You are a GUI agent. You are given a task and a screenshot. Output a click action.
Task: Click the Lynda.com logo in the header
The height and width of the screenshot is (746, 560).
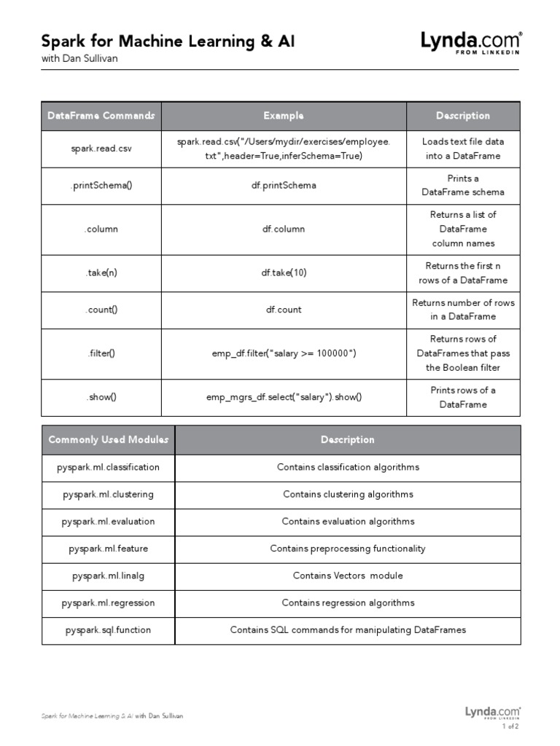pyautogui.click(x=470, y=42)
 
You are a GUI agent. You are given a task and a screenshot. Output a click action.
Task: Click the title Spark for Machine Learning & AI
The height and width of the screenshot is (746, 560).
pyautogui.click(x=168, y=41)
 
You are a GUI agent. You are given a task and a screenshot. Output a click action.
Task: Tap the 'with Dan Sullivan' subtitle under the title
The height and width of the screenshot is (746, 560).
pyautogui.click(x=79, y=59)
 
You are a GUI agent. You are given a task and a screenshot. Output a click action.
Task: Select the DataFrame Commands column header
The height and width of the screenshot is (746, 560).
pyautogui.click(x=101, y=116)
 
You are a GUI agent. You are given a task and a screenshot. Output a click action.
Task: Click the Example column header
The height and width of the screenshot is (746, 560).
pyautogui.click(x=284, y=116)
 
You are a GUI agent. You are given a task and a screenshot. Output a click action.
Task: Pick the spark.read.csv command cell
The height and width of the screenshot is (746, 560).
pyautogui.click(x=101, y=149)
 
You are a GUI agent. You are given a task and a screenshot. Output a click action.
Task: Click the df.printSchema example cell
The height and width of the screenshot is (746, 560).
pyautogui.click(x=284, y=186)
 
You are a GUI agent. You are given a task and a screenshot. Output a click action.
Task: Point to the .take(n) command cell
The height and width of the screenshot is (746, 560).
pyautogui.click(x=101, y=273)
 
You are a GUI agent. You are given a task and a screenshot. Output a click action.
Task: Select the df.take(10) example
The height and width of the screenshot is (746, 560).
pyautogui.click(x=284, y=273)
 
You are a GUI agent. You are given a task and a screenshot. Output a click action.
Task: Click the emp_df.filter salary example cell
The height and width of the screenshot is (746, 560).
pyautogui.click(x=284, y=353)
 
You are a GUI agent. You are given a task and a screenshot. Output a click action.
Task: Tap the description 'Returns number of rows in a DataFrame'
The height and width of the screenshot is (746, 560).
pyautogui.click(x=463, y=310)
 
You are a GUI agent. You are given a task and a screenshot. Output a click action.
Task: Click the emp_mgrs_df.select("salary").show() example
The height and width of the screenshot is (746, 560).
pyautogui.click(x=284, y=397)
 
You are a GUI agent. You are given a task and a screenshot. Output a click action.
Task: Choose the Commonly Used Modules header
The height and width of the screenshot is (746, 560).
pyautogui.click(x=108, y=439)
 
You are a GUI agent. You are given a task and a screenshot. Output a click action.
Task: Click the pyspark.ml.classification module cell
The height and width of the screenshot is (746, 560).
pyautogui.click(x=108, y=467)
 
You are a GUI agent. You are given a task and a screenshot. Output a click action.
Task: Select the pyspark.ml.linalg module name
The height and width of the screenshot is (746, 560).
pyautogui.click(x=108, y=576)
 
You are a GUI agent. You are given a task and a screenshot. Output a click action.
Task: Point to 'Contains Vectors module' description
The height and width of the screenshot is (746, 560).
pyautogui.click(x=348, y=576)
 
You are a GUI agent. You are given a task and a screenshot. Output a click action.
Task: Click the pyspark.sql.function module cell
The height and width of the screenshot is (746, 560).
pyautogui.click(x=108, y=629)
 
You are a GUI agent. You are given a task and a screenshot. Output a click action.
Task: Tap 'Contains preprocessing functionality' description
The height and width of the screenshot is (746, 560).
pyautogui.click(x=348, y=549)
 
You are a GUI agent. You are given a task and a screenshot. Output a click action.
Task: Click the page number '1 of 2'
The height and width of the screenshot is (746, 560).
pyautogui.click(x=510, y=726)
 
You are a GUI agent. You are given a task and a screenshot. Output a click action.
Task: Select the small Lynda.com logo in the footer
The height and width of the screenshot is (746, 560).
pyautogui.click(x=492, y=712)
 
